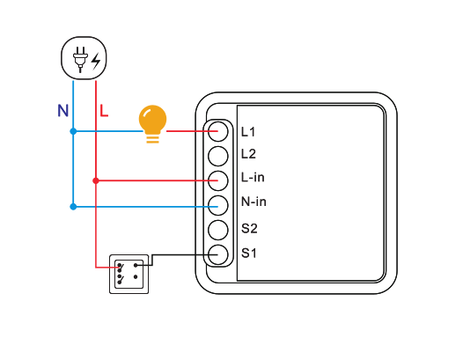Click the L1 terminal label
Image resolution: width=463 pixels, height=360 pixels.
tap(248, 132)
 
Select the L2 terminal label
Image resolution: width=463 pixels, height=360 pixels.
tap(248, 154)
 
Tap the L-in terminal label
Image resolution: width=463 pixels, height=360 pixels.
tap(253, 177)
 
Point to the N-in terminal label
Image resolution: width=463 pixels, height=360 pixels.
tap(254, 202)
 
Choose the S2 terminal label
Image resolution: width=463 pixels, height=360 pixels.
tap(249, 228)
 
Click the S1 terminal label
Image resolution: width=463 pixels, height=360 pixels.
tap(248, 253)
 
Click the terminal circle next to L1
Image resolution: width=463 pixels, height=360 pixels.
tap(218, 131)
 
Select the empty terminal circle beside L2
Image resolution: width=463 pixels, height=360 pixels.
tap(218, 156)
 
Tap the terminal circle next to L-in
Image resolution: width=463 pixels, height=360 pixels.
tap(218, 180)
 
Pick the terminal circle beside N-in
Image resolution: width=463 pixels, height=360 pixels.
tap(218, 206)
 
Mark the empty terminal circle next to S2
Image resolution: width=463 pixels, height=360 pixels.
tap(218, 230)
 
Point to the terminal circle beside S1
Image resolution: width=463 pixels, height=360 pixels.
tap(218, 254)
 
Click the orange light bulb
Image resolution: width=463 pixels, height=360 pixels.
tap(152, 123)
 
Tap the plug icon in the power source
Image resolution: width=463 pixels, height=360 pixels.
tap(80, 59)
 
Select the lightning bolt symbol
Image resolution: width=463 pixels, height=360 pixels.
tap(96, 61)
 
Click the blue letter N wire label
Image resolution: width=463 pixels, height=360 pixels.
tap(62, 111)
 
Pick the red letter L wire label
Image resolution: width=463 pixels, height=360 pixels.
tap(104, 111)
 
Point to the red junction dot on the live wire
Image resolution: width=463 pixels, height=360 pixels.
tap(96, 180)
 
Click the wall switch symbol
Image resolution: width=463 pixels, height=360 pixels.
tap(129, 274)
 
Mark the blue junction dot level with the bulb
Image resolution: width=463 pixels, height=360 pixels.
tap(73, 131)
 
